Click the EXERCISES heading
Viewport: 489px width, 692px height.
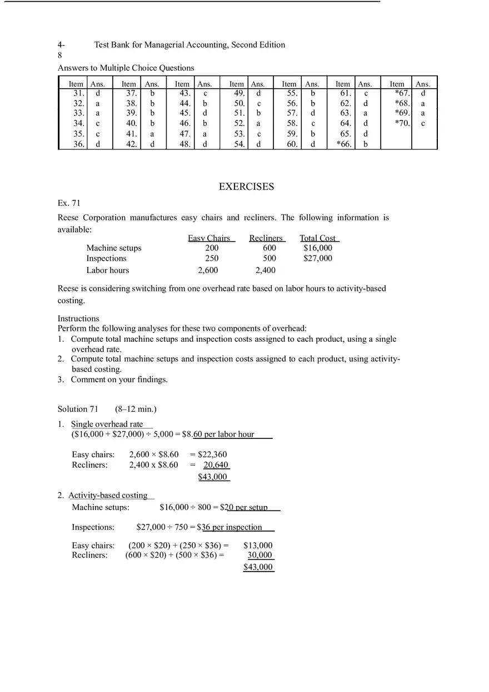246,187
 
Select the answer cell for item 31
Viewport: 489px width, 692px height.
98,93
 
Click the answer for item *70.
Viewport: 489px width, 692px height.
423,124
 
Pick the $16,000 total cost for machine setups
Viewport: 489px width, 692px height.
318,248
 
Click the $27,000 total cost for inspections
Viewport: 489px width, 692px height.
318,258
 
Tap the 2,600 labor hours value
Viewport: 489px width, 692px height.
208,270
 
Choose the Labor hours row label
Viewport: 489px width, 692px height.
107,270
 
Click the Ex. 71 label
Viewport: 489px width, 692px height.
69,203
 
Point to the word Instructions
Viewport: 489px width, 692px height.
78,319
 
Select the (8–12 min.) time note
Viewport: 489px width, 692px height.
136,409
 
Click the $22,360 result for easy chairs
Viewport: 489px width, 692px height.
212,454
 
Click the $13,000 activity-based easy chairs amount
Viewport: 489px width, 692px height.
258,545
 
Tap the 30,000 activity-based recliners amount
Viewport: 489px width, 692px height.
260,555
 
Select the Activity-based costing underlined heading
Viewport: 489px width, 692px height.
108,495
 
